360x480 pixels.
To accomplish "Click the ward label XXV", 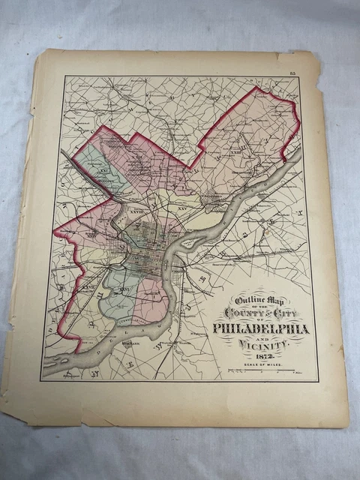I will (x=182, y=208).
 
